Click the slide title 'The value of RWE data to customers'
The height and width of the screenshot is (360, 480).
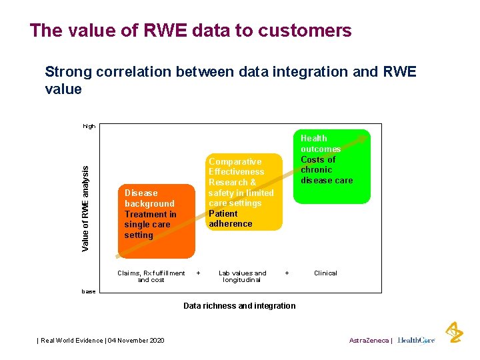pyautogui.click(x=190, y=31)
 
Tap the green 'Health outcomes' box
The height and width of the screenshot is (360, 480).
pyautogui.click(x=331, y=167)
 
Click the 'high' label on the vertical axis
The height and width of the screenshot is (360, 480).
pyautogui.click(x=89, y=126)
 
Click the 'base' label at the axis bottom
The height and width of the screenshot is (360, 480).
pyautogui.click(x=89, y=291)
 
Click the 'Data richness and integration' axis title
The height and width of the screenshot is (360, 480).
pyautogui.click(x=239, y=306)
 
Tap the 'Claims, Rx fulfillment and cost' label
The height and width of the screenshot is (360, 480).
pyautogui.click(x=151, y=277)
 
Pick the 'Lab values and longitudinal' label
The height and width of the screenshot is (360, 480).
pyautogui.click(x=242, y=277)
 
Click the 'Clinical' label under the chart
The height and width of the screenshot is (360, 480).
pyautogui.click(x=325, y=273)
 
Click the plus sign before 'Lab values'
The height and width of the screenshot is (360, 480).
pyautogui.click(x=198, y=273)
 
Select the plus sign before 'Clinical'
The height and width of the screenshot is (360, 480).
pyautogui.click(x=287, y=273)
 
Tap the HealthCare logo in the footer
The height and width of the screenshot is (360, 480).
pyautogui.click(x=416, y=341)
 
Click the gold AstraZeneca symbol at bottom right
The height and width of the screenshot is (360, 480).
pyautogui.click(x=454, y=332)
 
